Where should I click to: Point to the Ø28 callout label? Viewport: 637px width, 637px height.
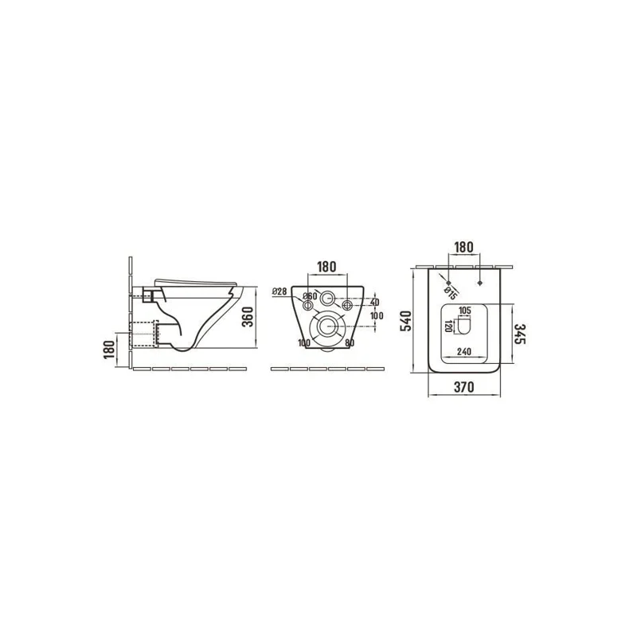(279, 291)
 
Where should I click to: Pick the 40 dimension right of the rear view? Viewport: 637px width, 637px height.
(374, 302)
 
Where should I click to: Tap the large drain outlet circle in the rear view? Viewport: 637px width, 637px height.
(327, 326)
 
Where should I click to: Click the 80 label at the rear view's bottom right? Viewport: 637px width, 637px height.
(349, 343)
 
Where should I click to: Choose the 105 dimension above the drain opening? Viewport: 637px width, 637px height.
(465, 311)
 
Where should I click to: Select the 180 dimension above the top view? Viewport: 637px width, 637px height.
(466, 247)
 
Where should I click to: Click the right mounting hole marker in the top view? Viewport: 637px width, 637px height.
(483, 282)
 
